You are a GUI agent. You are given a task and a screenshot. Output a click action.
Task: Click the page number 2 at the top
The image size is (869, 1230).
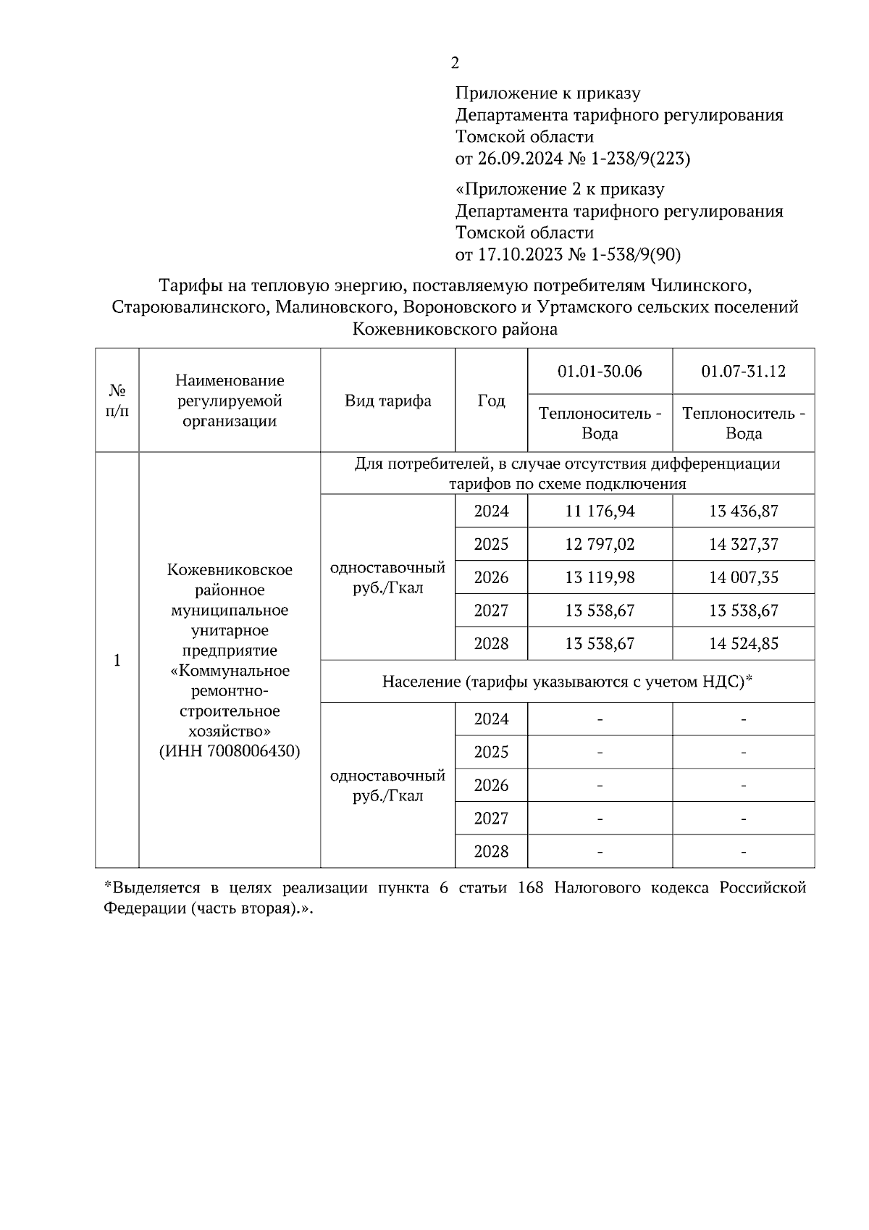[x=455, y=63]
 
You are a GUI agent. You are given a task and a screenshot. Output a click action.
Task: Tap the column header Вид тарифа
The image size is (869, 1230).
[x=387, y=401]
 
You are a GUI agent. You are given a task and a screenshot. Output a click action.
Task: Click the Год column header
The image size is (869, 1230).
[x=491, y=401]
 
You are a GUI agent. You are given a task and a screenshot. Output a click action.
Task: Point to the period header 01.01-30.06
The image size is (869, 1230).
[x=600, y=372]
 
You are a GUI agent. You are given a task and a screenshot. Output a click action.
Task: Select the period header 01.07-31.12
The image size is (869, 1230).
[x=743, y=372]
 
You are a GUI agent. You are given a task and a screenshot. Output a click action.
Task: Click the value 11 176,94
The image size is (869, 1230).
[x=600, y=511]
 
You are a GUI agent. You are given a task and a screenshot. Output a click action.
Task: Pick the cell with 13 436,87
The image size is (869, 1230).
[x=743, y=511]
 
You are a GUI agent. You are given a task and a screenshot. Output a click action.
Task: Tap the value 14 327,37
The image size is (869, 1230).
[x=743, y=545]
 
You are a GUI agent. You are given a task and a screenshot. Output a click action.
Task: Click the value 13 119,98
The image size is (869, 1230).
[x=600, y=577]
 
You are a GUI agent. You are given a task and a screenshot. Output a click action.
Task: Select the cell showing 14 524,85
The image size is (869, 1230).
[x=743, y=644]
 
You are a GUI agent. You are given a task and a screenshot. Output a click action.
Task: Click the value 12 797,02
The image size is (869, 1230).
[x=600, y=545]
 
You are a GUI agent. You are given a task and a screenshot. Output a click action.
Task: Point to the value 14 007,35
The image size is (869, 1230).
[x=743, y=577]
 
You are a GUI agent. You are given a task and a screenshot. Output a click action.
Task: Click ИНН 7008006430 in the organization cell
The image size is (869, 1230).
[x=230, y=751]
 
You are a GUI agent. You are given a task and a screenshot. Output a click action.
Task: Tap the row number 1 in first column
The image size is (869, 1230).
[x=117, y=661]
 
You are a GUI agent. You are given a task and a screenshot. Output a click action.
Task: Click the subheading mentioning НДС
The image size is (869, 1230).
[x=568, y=682]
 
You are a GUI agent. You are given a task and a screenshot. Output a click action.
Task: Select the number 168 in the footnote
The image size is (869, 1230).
[x=531, y=889]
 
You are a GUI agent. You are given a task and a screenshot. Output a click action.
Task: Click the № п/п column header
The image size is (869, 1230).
[x=117, y=401]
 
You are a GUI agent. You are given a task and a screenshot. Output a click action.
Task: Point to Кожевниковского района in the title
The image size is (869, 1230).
[x=455, y=330]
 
